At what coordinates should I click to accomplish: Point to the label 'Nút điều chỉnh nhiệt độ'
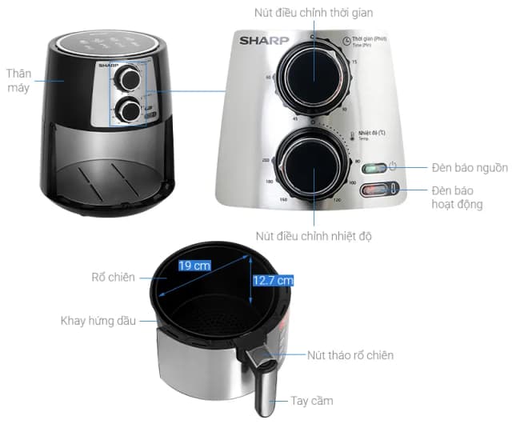[x=314, y=236]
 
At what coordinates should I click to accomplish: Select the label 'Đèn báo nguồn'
[x=470, y=168]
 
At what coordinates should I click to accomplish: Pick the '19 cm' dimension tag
[x=195, y=265]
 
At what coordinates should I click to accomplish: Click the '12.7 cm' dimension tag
[x=274, y=280]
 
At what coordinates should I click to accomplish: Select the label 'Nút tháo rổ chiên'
[x=350, y=355]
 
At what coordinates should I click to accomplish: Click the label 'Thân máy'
[x=17, y=80]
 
